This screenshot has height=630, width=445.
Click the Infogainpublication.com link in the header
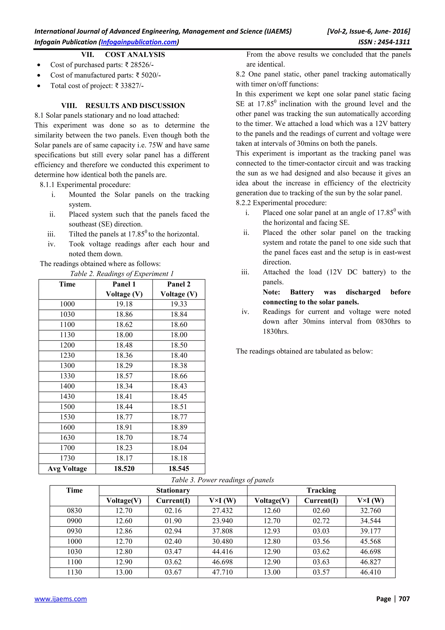pyautogui.click(x=139, y=42)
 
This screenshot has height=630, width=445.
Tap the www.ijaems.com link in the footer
pyautogui.click(x=61, y=599)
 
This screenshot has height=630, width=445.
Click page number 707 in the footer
pyautogui.click(x=404, y=599)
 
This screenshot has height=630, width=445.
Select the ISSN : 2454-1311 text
pyautogui.click(x=384, y=42)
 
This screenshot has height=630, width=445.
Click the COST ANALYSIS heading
pyautogui.click(x=135, y=55)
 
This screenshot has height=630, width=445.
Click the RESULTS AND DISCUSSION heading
pyautogui.click(x=135, y=106)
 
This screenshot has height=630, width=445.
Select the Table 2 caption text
pyautogui.click(x=122, y=273)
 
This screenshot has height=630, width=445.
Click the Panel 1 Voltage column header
pyautogui.click(x=124, y=289)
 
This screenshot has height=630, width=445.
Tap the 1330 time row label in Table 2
pyautogui.click(x=67, y=376)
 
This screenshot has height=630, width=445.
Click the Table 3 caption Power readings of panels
pyautogui.click(x=222, y=480)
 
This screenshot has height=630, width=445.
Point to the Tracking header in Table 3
pyautogui.click(x=321, y=490)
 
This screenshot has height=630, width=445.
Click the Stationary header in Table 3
pyautogui.click(x=173, y=490)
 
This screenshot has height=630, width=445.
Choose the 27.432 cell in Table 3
pyautogui.click(x=222, y=511)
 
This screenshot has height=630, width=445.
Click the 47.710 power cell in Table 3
pyautogui.click(x=222, y=572)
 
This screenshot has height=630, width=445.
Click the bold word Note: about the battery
pyautogui.click(x=271, y=292)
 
